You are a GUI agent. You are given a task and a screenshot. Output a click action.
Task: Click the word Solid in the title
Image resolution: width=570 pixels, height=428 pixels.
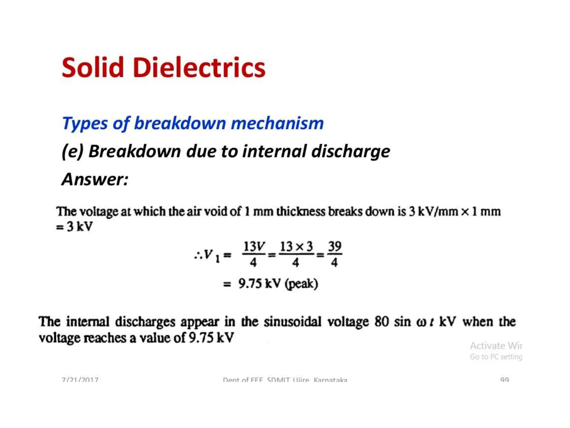click(93, 67)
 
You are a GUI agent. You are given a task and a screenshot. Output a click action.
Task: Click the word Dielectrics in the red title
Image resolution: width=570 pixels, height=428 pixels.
click(199, 67)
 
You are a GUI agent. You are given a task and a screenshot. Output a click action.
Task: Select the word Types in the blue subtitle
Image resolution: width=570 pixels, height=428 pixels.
click(85, 123)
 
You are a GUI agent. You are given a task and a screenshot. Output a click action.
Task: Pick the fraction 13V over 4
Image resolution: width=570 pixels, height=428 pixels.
click(254, 254)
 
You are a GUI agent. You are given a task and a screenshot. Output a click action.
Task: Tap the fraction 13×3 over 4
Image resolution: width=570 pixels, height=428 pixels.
click(296, 254)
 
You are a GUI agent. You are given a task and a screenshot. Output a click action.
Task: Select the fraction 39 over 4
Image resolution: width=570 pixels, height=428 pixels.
click(335, 254)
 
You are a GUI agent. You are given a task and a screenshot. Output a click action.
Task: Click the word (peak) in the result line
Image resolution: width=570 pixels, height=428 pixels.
click(302, 284)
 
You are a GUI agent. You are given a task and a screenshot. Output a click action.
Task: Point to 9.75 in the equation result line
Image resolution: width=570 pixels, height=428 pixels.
click(250, 284)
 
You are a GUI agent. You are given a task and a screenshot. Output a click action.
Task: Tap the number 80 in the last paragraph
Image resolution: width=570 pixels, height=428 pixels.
click(381, 322)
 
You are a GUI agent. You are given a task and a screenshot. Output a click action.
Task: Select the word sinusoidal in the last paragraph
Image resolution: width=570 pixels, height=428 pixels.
click(293, 322)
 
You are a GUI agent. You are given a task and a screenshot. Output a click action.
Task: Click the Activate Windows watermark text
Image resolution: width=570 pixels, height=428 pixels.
click(496, 346)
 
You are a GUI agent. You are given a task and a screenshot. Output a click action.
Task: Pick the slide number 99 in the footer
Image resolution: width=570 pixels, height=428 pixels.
click(504, 380)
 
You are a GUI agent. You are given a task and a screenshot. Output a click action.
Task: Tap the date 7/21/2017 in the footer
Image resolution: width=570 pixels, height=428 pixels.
click(80, 380)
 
